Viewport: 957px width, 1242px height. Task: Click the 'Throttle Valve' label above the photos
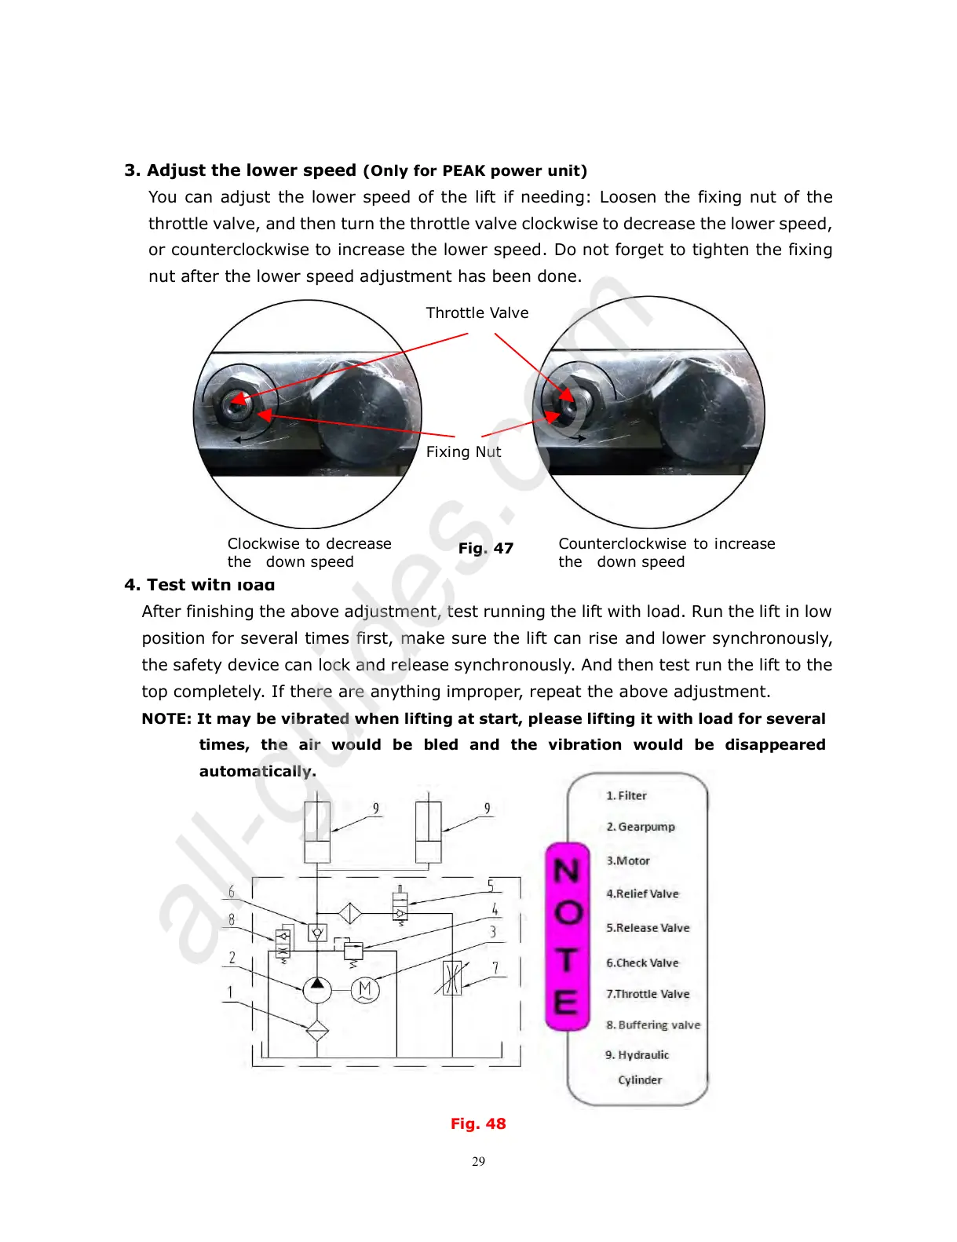point(477,312)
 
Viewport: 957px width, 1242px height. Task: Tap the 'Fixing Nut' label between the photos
point(463,451)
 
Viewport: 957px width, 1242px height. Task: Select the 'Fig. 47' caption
point(486,548)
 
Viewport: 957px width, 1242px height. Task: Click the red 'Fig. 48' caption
point(478,1123)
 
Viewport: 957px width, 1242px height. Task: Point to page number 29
point(479,1161)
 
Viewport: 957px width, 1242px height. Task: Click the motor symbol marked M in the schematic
point(365,989)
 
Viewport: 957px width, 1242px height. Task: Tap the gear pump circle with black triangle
point(316,989)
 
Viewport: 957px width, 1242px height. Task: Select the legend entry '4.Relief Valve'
point(642,893)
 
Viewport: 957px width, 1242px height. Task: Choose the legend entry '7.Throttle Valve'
point(648,994)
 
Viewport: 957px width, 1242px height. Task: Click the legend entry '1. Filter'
point(626,795)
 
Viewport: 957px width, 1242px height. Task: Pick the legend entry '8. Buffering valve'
point(653,1025)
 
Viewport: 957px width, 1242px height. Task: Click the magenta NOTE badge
point(567,936)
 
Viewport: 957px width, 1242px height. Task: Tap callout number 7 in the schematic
point(495,968)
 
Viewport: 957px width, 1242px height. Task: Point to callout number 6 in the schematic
point(232,892)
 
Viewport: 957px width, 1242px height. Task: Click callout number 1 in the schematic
point(230,992)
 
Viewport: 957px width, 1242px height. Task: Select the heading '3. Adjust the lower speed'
point(240,170)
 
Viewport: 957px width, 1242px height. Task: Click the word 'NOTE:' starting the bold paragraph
point(166,718)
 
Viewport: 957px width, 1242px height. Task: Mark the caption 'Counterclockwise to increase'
point(667,543)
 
